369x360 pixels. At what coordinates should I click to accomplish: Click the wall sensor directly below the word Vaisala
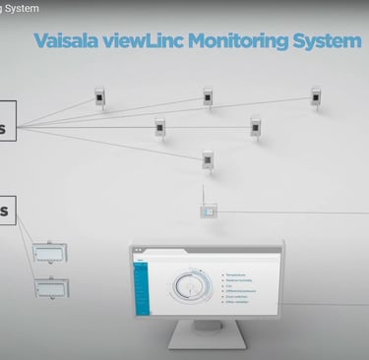click(x=99, y=97)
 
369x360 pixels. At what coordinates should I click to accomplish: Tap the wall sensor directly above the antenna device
click(x=208, y=158)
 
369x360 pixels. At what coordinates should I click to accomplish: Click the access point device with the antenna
click(x=209, y=210)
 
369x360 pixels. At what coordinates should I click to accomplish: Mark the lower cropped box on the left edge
click(x=8, y=210)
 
